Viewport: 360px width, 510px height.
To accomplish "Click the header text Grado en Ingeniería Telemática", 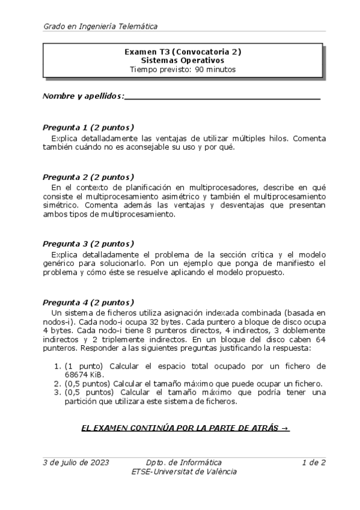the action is point(100,26).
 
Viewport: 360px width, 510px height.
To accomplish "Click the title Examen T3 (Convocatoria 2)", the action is point(183,52).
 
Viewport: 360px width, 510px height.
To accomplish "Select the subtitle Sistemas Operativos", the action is point(183,60).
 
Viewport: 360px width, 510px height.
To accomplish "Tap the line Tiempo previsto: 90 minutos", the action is point(183,69).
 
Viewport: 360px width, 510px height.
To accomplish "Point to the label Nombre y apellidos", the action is point(84,96).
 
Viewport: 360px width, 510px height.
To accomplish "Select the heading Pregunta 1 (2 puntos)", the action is point(88,127).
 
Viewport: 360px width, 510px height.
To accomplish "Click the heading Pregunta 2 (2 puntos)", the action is point(88,177).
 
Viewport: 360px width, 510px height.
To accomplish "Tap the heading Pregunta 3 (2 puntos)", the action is point(88,244).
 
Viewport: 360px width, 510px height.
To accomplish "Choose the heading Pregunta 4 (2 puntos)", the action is point(88,303).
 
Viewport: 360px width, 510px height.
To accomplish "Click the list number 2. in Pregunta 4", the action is point(58,384).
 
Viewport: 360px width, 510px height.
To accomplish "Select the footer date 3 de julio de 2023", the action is point(76,462).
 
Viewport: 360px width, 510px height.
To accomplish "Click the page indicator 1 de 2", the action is point(314,462).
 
